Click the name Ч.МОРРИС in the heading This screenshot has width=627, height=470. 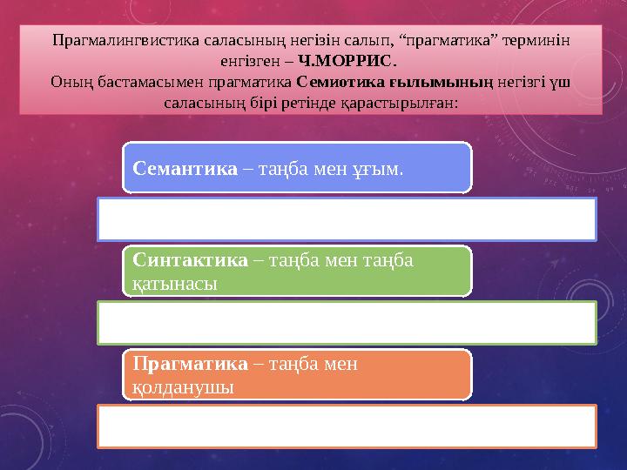tap(347, 62)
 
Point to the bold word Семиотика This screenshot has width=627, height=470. tap(333, 83)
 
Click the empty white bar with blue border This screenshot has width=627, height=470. tap(347, 218)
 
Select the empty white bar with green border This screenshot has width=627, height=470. tap(347, 322)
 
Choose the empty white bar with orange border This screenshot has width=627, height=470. tap(347, 426)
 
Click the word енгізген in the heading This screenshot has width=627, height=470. tap(251, 62)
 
